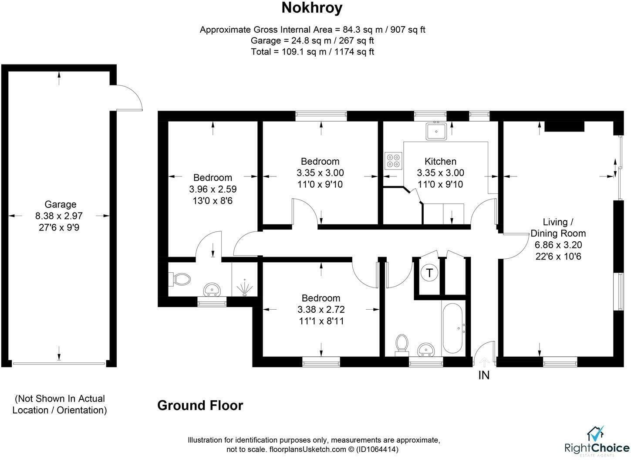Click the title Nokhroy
312,8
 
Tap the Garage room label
60,204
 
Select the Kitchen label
440,161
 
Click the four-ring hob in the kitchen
393,161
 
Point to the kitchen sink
436,131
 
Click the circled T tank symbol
429,273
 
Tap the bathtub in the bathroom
452,328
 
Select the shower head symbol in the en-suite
244,287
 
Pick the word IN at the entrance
484,375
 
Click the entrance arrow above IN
484,362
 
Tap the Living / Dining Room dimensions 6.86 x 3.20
558,245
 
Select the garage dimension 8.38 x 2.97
59,216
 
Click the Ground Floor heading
200,405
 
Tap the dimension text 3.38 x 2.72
321,309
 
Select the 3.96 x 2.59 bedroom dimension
213,189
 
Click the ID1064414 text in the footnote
377,449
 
